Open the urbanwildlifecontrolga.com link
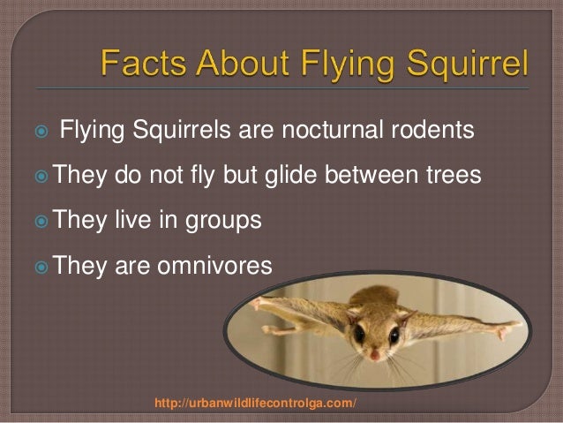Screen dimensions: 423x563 [x=256, y=404]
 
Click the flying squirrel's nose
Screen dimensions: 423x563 [x=375, y=354]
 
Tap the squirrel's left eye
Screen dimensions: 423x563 [x=361, y=336]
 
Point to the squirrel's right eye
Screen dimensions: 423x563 [x=389, y=336]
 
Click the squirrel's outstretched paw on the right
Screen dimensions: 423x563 [x=513, y=334]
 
